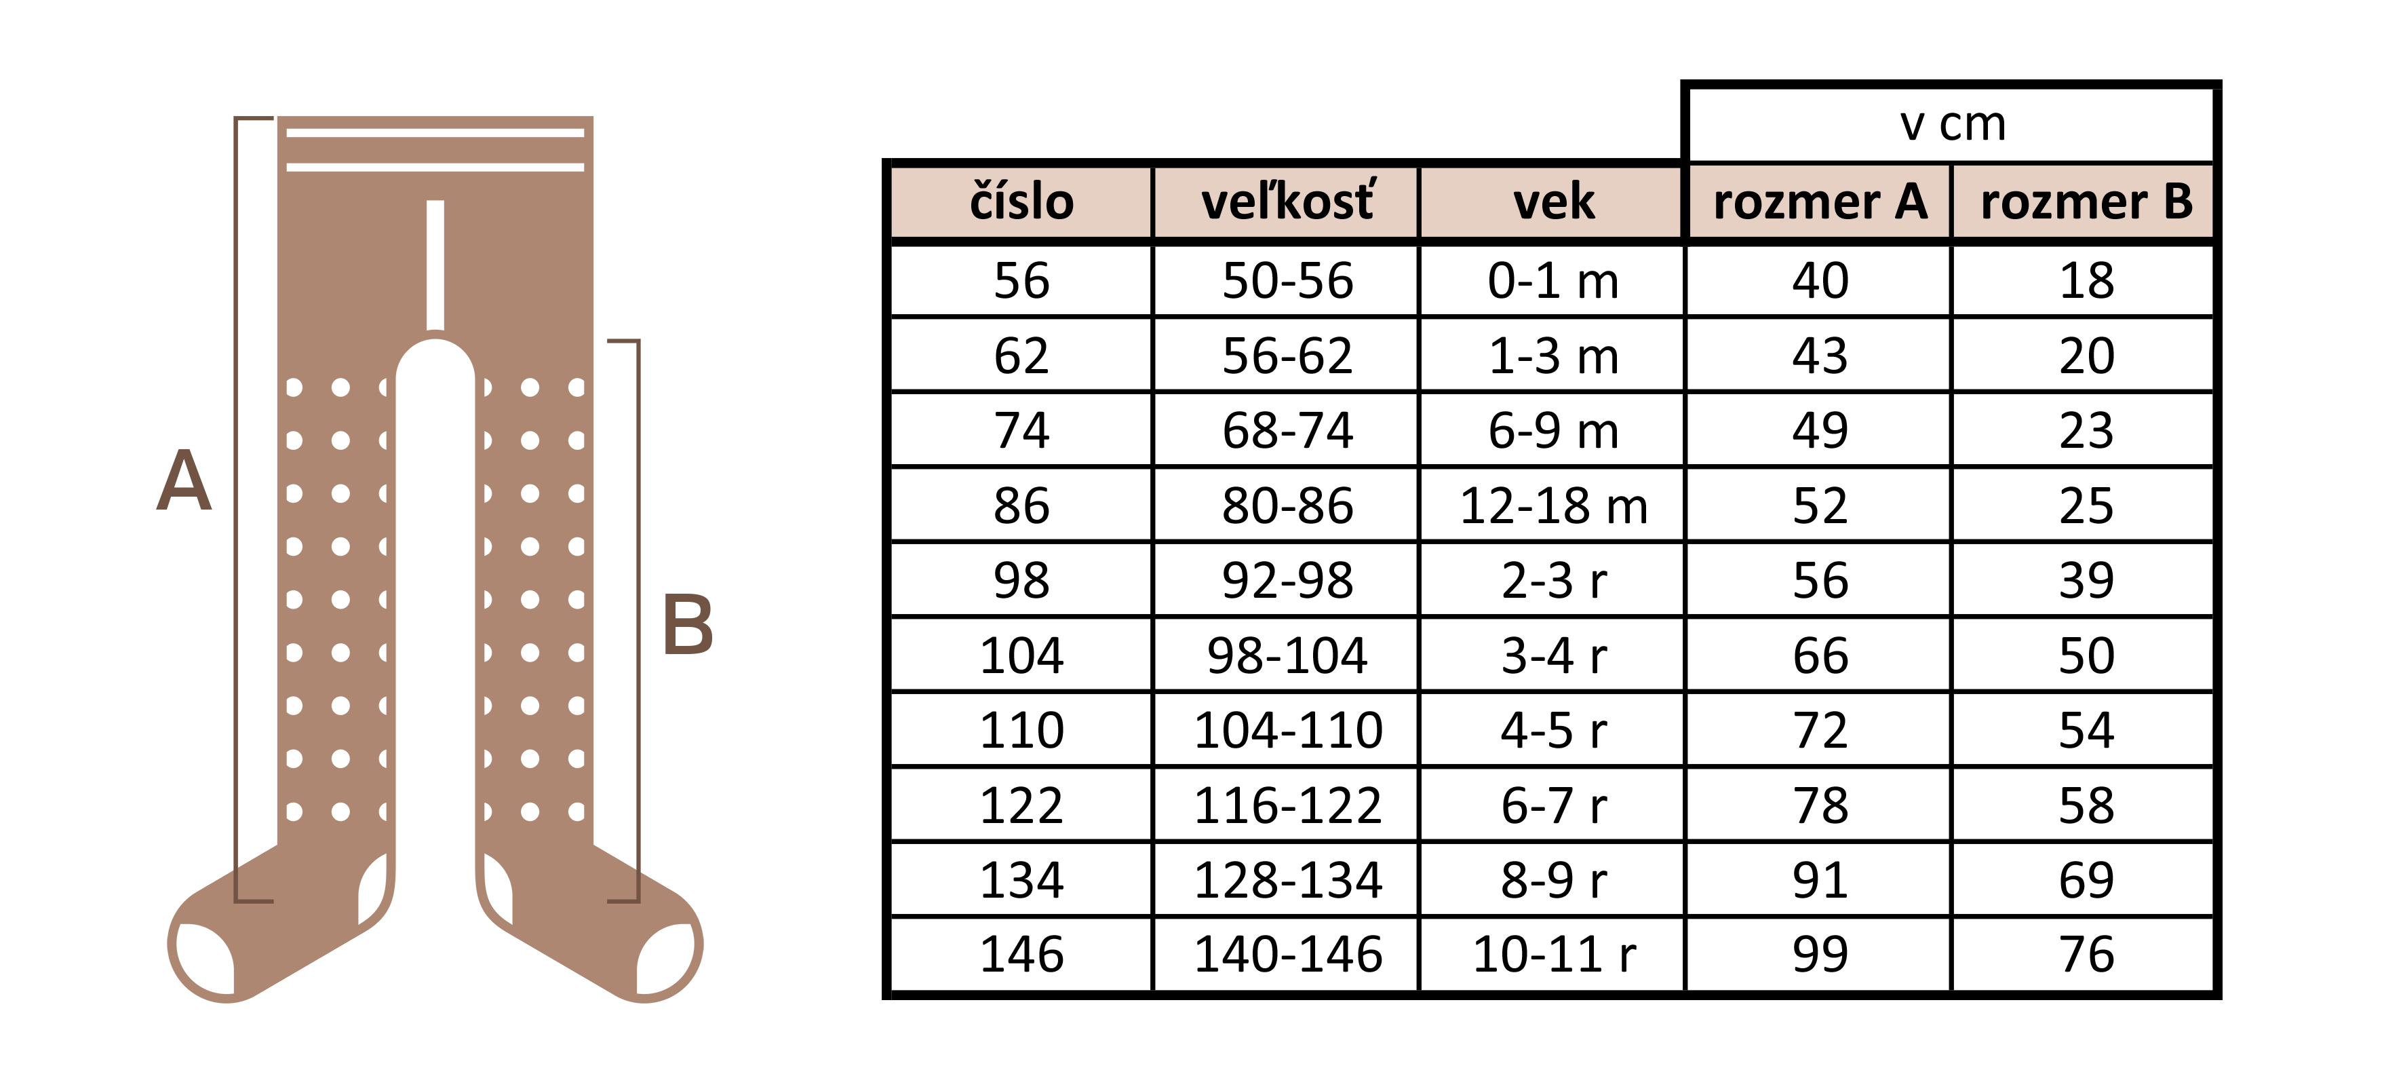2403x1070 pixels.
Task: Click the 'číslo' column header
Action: click(x=1021, y=202)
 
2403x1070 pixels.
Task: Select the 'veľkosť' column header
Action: click(x=1287, y=202)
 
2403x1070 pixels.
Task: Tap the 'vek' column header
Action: click(x=1553, y=202)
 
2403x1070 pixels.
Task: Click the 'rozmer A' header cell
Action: click(x=1820, y=202)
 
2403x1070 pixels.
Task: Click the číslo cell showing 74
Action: click(x=1021, y=430)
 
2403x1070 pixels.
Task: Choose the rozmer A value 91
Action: click(x=1820, y=880)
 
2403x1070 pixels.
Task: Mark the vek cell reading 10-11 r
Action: click(x=1553, y=955)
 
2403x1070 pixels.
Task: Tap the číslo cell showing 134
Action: click(x=1021, y=880)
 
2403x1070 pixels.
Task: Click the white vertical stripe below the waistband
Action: click(x=435, y=265)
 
